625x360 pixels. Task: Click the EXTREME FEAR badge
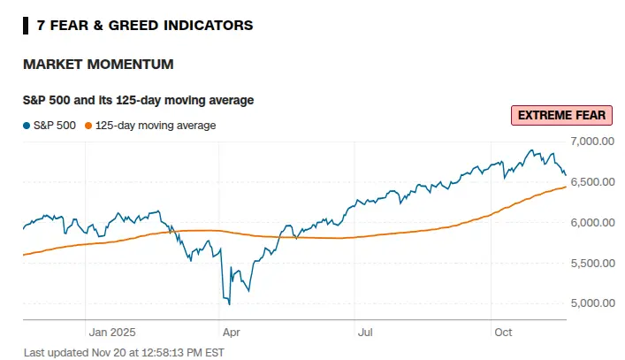pyautogui.click(x=561, y=116)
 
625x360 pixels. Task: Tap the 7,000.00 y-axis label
pyautogui.click(x=594, y=141)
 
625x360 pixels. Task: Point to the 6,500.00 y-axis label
pyautogui.click(x=594, y=181)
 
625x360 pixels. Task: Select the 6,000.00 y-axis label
pyautogui.click(x=594, y=222)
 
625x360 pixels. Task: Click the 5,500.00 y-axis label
pyautogui.click(x=594, y=263)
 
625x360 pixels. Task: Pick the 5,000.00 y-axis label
pyautogui.click(x=594, y=303)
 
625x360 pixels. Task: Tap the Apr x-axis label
pyautogui.click(x=231, y=333)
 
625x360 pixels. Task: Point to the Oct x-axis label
pyautogui.click(x=503, y=333)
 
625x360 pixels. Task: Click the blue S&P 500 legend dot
pyautogui.click(x=27, y=126)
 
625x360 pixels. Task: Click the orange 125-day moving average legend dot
pyautogui.click(x=88, y=126)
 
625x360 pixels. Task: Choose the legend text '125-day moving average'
pyautogui.click(x=156, y=126)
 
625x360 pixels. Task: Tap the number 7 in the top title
pyautogui.click(x=42, y=25)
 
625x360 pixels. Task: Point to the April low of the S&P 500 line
pyautogui.click(x=229, y=304)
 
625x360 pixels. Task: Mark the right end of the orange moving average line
pyautogui.click(x=566, y=187)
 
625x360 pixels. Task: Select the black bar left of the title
pyautogui.click(x=25, y=25)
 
